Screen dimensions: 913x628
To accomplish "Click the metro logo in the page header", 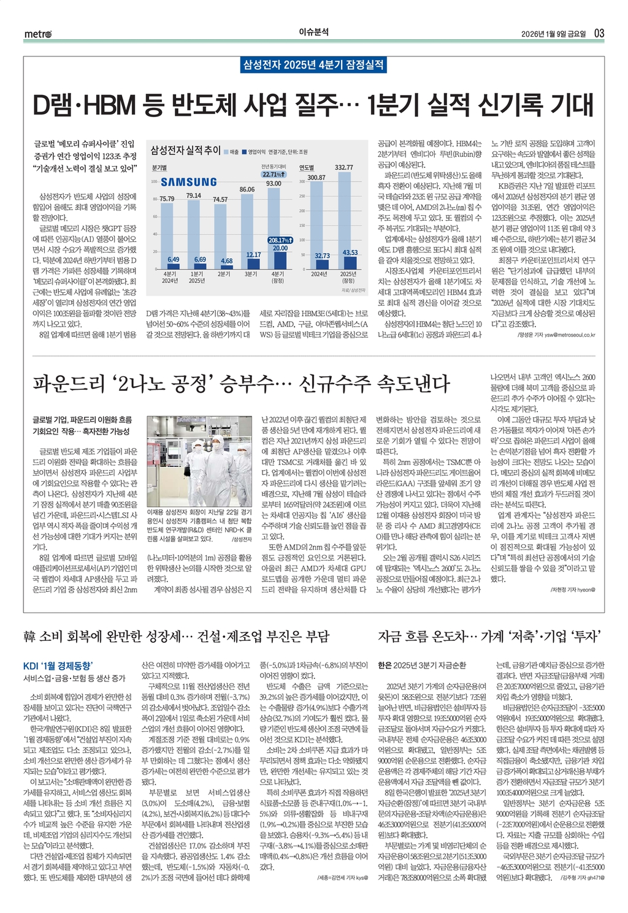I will (x=38, y=34).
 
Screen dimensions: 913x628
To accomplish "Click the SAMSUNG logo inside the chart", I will (x=188, y=182).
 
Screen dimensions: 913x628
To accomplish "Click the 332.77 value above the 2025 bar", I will (x=343, y=167).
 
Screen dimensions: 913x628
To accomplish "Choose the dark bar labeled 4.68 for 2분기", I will (x=226, y=267).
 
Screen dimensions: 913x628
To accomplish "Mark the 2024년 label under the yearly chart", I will (x=318, y=274).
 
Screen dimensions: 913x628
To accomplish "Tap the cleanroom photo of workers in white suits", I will (x=199, y=460).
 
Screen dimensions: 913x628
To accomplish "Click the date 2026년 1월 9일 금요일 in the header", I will (x=553, y=33).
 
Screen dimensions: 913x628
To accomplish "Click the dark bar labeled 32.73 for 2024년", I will (x=321, y=265).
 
